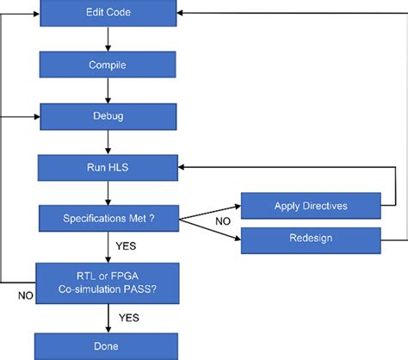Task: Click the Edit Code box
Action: [107, 13]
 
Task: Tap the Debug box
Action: [107, 114]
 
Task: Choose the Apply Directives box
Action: [310, 206]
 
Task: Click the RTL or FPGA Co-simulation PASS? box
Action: [107, 281]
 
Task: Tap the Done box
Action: [107, 345]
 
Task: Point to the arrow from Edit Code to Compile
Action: [107, 38]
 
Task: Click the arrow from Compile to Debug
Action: [107, 89]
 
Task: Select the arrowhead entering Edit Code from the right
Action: [182, 13]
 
